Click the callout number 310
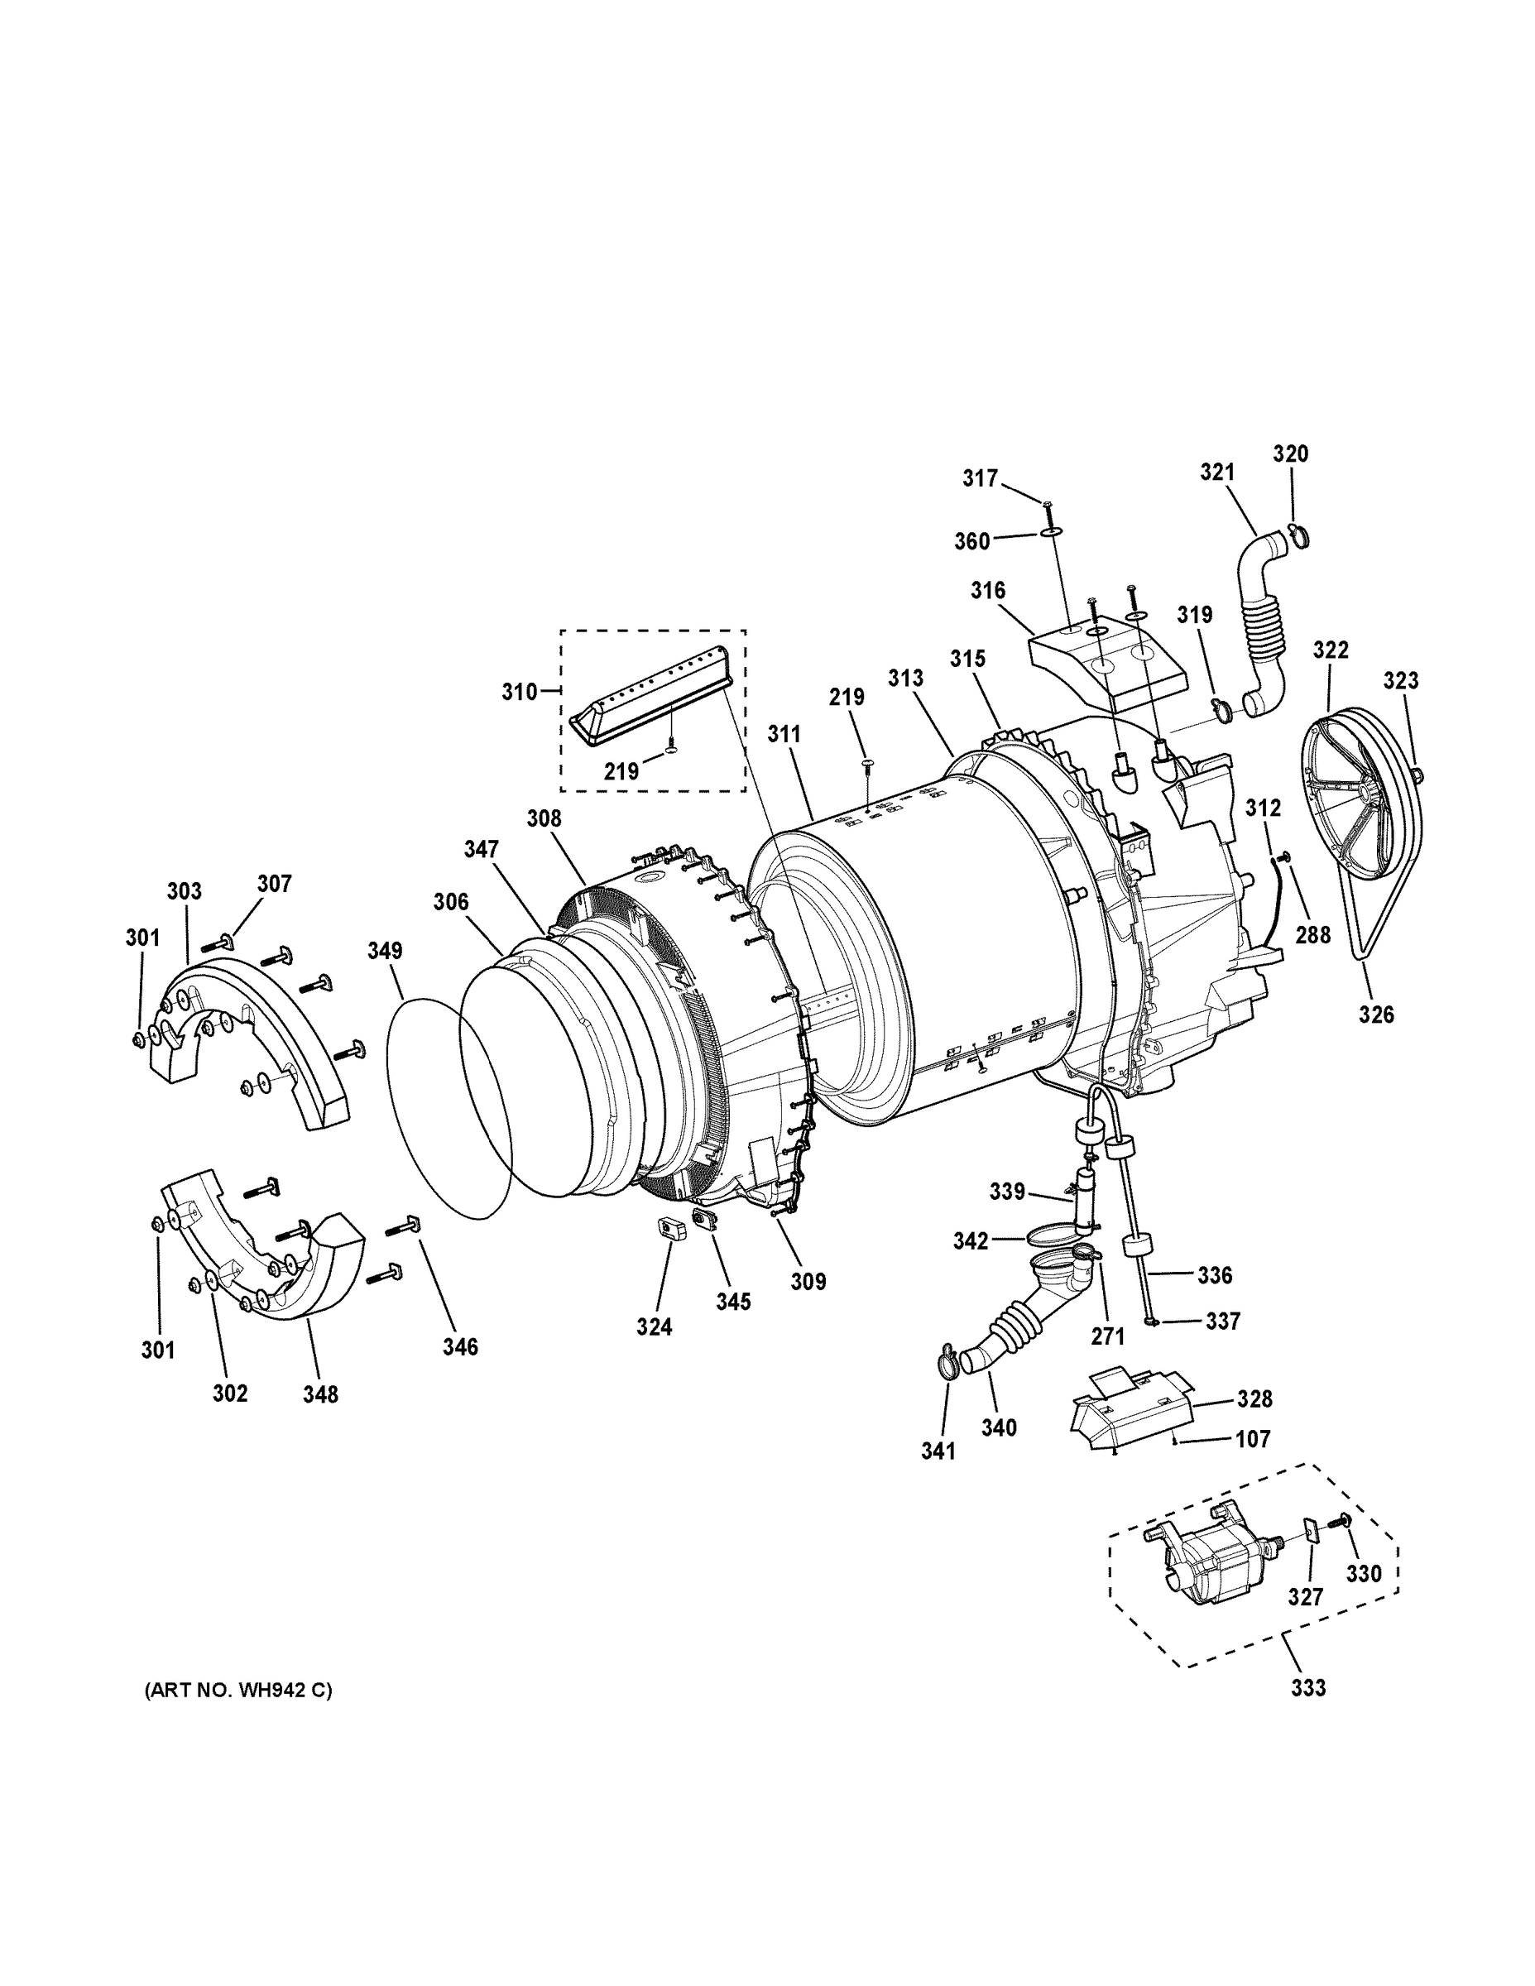(518, 691)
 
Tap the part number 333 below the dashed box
(1307, 1688)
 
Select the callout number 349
(385, 950)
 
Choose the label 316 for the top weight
(987, 590)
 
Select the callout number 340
(999, 1427)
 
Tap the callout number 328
(1254, 1398)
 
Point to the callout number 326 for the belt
(1376, 1014)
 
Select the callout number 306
(450, 901)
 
